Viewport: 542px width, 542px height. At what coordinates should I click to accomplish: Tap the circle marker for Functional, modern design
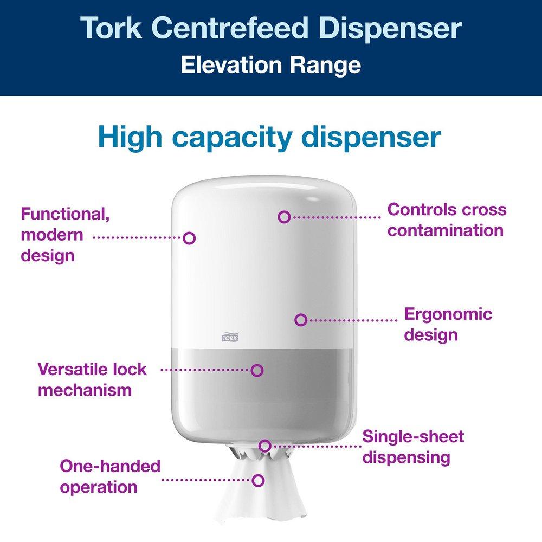[x=189, y=237]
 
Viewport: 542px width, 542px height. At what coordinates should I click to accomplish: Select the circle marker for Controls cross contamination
[x=283, y=217]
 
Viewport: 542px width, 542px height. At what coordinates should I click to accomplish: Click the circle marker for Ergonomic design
[x=301, y=320]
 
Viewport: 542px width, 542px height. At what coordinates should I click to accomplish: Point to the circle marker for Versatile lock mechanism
[x=257, y=370]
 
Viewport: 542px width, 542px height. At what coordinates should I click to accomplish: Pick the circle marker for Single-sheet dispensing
[x=264, y=446]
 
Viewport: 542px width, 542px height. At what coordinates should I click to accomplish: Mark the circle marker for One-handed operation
[x=259, y=480]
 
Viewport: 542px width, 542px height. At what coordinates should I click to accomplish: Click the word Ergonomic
[x=448, y=314]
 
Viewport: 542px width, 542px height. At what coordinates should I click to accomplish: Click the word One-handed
[x=110, y=466]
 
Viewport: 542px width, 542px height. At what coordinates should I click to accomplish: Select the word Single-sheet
[x=413, y=436]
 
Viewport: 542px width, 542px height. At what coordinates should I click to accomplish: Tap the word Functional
[x=66, y=214]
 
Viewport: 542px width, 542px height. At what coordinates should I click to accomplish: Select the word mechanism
[x=85, y=390]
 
